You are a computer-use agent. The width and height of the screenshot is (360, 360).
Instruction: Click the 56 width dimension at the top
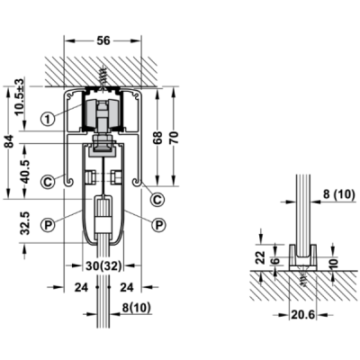[x=103, y=40]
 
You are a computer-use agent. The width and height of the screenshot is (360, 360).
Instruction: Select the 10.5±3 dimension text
[x=20, y=97]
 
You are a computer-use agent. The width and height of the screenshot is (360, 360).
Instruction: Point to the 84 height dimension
[x=11, y=141]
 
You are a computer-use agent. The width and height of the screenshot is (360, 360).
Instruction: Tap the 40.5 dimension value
[x=25, y=171]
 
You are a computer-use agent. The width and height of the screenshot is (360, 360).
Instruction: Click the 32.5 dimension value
[x=25, y=223]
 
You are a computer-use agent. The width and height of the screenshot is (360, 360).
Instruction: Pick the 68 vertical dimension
[x=158, y=138]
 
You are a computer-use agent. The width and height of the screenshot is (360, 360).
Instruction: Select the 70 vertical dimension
[x=175, y=138]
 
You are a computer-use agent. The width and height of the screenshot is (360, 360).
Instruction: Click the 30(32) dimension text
[x=103, y=265]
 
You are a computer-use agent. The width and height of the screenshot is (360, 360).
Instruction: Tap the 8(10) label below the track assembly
[x=137, y=308]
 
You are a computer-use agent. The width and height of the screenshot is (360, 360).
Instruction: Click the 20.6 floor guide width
[x=303, y=315]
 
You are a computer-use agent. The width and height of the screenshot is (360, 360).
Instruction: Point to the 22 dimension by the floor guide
[x=261, y=257]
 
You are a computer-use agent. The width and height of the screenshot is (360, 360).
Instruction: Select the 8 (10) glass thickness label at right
[x=339, y=194]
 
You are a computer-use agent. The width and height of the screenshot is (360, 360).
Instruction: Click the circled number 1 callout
[x=48, y=119]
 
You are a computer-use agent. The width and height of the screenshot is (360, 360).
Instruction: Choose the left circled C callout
[x=48, y=182]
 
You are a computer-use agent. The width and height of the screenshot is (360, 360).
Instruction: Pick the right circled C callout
[x=157, y=199]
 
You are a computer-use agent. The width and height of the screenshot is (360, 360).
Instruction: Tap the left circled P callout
[x=48, y=224]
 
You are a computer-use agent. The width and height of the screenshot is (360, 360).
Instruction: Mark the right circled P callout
[x=158, y=224]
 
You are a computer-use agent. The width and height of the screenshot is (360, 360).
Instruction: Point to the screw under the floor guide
[x=304, y=276]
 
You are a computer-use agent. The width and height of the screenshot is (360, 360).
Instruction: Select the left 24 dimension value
[x=82, y=287]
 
